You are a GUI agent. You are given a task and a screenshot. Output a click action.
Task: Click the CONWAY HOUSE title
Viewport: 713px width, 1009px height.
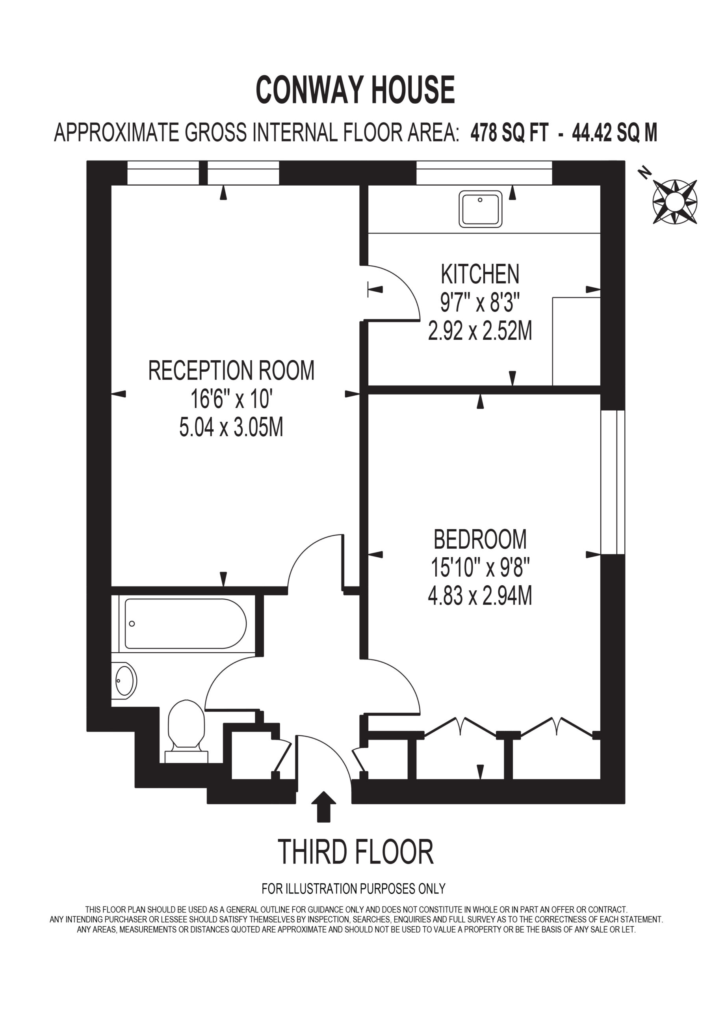(355, 89)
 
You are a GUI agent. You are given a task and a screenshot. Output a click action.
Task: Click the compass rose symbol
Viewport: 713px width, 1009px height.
(674, 202)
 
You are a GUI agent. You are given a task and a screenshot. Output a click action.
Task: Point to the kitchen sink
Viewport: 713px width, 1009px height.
(480, 209)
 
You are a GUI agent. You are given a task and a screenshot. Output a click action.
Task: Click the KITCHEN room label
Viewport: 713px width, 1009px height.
(480, 274)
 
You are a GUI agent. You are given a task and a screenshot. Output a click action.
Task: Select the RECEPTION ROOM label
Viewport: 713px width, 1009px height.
(231, 370)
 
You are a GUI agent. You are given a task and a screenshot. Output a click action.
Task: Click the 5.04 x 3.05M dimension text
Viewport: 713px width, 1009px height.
(231, 427)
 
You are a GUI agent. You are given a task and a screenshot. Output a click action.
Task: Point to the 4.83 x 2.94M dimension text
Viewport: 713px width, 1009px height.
(480, 596)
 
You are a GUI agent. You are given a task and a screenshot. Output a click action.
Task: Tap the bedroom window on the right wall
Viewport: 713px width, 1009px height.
(613, 482)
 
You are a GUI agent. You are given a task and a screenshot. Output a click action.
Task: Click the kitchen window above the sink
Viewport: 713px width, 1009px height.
(484, 173)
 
